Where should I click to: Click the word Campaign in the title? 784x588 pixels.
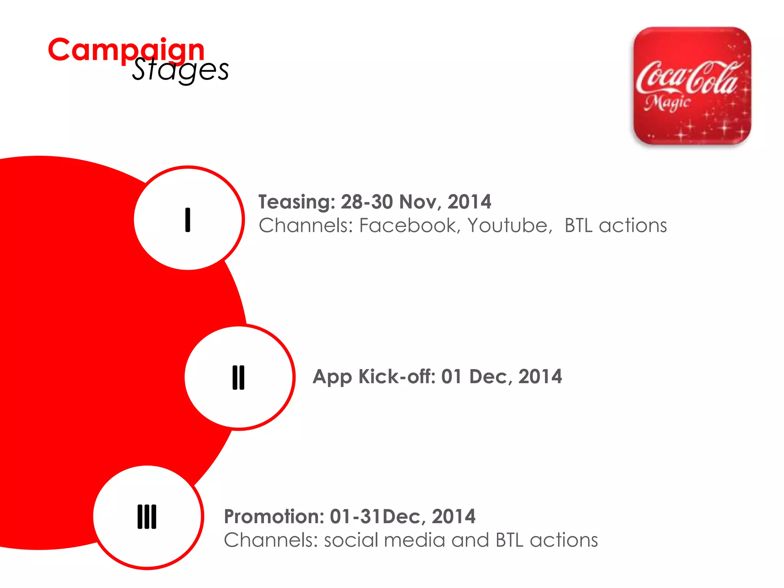coord(126,50)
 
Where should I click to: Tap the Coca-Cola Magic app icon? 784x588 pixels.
coord(692,86)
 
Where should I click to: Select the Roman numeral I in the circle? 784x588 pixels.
coord(188,220)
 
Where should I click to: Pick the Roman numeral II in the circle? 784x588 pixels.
coord(238,377)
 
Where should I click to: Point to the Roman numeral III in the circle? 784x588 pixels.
coord(147,517)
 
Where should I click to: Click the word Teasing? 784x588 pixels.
coord(297,202)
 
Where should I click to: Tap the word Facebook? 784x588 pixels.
coord(409,225)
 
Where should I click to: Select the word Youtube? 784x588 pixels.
coord(510,225)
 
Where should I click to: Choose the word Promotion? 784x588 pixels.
coord(274,516)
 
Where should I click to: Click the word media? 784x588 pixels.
coord(414,540)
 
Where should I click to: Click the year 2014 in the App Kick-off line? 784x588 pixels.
coord(540,377)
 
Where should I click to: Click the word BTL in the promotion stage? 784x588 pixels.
coord(509,540)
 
